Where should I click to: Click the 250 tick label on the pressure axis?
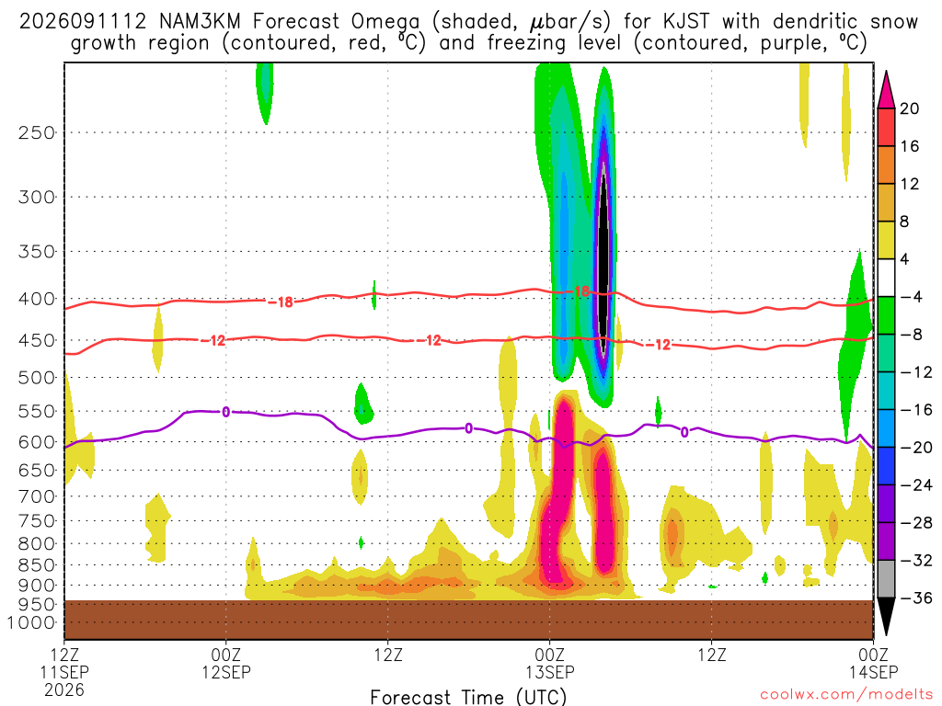(36, 132)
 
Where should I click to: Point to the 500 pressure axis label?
(36, 378)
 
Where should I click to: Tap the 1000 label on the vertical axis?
(31, 623)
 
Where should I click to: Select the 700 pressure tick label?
(36, 496)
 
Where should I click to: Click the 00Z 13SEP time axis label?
(550, 663)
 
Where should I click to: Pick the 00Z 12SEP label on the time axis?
(226, 663)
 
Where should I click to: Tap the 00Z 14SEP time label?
(874, 663)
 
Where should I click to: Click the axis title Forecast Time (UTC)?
(468, 697)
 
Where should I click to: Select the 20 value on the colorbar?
(909, 108)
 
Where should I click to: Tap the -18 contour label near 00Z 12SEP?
(281, 302)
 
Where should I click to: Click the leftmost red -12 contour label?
(213, 341)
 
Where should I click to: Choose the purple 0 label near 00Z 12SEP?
(226, 412)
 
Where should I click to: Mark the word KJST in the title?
(686, 22)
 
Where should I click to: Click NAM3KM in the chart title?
(200, 22)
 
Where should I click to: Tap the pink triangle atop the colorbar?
(886, 90)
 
